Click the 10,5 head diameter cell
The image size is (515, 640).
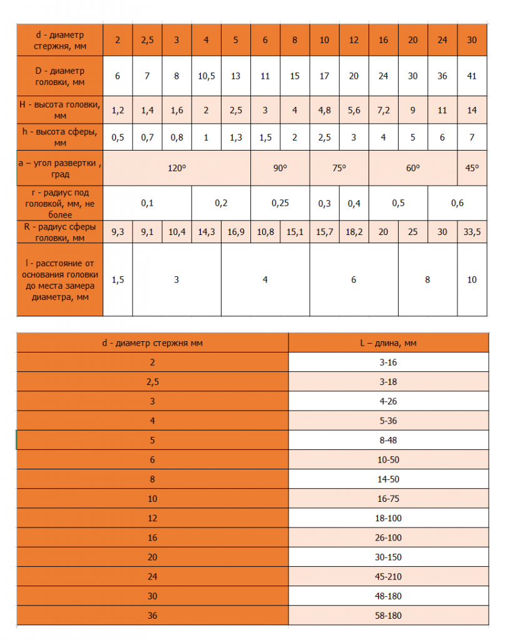pos(207,76)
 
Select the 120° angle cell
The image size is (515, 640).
pos(176,168)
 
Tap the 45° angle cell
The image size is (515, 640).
pos(472,168)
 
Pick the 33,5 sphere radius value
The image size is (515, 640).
pos(472,232)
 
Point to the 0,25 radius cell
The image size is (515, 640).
pos(280,202)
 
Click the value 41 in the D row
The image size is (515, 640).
pos(472,76)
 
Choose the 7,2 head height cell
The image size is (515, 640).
pos(383,111)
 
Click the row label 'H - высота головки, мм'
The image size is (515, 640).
pos(59,110)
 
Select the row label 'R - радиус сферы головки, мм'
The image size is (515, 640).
pos(59,232)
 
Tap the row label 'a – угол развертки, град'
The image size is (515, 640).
pos(59,168)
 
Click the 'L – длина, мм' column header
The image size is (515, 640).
pos(388,343)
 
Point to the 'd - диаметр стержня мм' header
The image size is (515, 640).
pos(152,343)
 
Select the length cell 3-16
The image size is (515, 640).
pos(388,362)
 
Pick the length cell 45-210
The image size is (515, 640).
pos(388,576)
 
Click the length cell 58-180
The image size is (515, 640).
pos(388,616)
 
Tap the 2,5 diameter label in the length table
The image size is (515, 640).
pos(152,382)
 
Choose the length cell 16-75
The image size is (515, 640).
pos(388,498)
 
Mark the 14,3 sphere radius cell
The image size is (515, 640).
pos(207,232)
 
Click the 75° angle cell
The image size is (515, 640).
pos(339,168)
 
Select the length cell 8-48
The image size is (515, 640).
pos(388,440)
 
